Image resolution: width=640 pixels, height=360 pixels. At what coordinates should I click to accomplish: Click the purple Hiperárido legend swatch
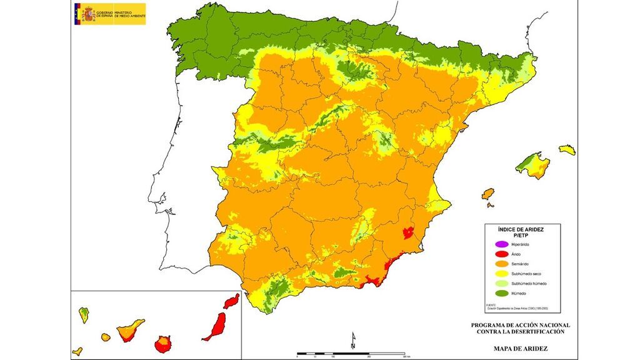click(x=498, y=244)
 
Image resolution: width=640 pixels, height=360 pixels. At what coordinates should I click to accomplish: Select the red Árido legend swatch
click(x=498, y=254)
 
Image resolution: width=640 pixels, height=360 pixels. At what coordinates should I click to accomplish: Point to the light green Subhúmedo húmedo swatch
click(x=498, y=284)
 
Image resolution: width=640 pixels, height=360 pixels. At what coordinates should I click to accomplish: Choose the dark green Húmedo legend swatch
click(x=498, y=294)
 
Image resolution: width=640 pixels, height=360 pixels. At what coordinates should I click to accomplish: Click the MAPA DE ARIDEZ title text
click(x=521, y=348)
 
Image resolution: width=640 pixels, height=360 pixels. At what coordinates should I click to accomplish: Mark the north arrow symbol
click(x=353, y=339)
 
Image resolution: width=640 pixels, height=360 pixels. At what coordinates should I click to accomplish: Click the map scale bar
click(x=352, y=354)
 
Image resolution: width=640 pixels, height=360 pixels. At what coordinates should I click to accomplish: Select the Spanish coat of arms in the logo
click(x=86, y=13)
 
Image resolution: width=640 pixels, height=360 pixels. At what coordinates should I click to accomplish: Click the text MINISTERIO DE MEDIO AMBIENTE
click(x=129, y=14)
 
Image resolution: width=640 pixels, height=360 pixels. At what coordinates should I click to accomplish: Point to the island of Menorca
click(x=567, y=150)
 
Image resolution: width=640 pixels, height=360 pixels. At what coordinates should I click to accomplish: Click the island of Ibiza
click(x=488, y=194)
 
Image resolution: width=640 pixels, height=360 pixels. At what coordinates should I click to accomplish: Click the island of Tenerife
click(x=131, y=329)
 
